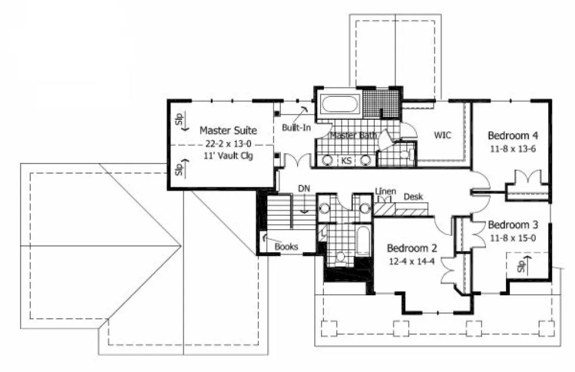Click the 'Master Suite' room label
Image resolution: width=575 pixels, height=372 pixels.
pos(228,131)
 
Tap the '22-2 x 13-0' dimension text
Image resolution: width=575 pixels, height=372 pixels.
pos(228,144)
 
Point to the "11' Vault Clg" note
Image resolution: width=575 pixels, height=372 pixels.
pos(229,156)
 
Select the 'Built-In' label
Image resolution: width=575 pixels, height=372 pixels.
pos(296,128)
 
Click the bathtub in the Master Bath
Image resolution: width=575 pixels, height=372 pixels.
pos(340,104)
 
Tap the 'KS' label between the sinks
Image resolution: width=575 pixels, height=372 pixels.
pos(346,161)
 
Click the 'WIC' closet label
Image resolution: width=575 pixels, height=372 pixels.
pos(442,135)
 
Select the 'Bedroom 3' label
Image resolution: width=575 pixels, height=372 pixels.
pos(512,225)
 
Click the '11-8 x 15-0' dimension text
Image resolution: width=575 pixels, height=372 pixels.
pos(512,238)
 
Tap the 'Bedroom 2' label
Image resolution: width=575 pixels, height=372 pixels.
pos(412,248)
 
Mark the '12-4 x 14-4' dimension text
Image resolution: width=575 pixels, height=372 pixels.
pos(412,261)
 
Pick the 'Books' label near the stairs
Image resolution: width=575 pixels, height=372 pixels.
pos(286,246)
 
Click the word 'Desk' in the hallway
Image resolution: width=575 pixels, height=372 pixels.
pos(413,197)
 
